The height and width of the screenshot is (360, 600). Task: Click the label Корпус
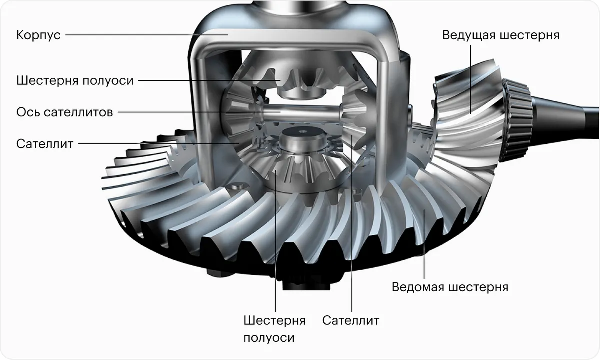[x=38, y=36]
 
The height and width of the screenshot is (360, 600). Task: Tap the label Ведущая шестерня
[x=500, y=36]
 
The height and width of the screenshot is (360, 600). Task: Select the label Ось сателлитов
[x=64, y=111]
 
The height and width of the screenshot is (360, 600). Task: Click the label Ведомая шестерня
[x=450, y=287]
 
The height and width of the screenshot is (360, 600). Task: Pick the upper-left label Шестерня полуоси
[x=75, y=80]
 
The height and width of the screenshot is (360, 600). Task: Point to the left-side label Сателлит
[x=45, y=144]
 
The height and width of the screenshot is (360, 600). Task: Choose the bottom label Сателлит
[x=351, y=320]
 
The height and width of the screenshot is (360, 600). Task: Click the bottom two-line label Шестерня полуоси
[x=274, y=328]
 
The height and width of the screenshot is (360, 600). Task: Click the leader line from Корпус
[x=145, y=35]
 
